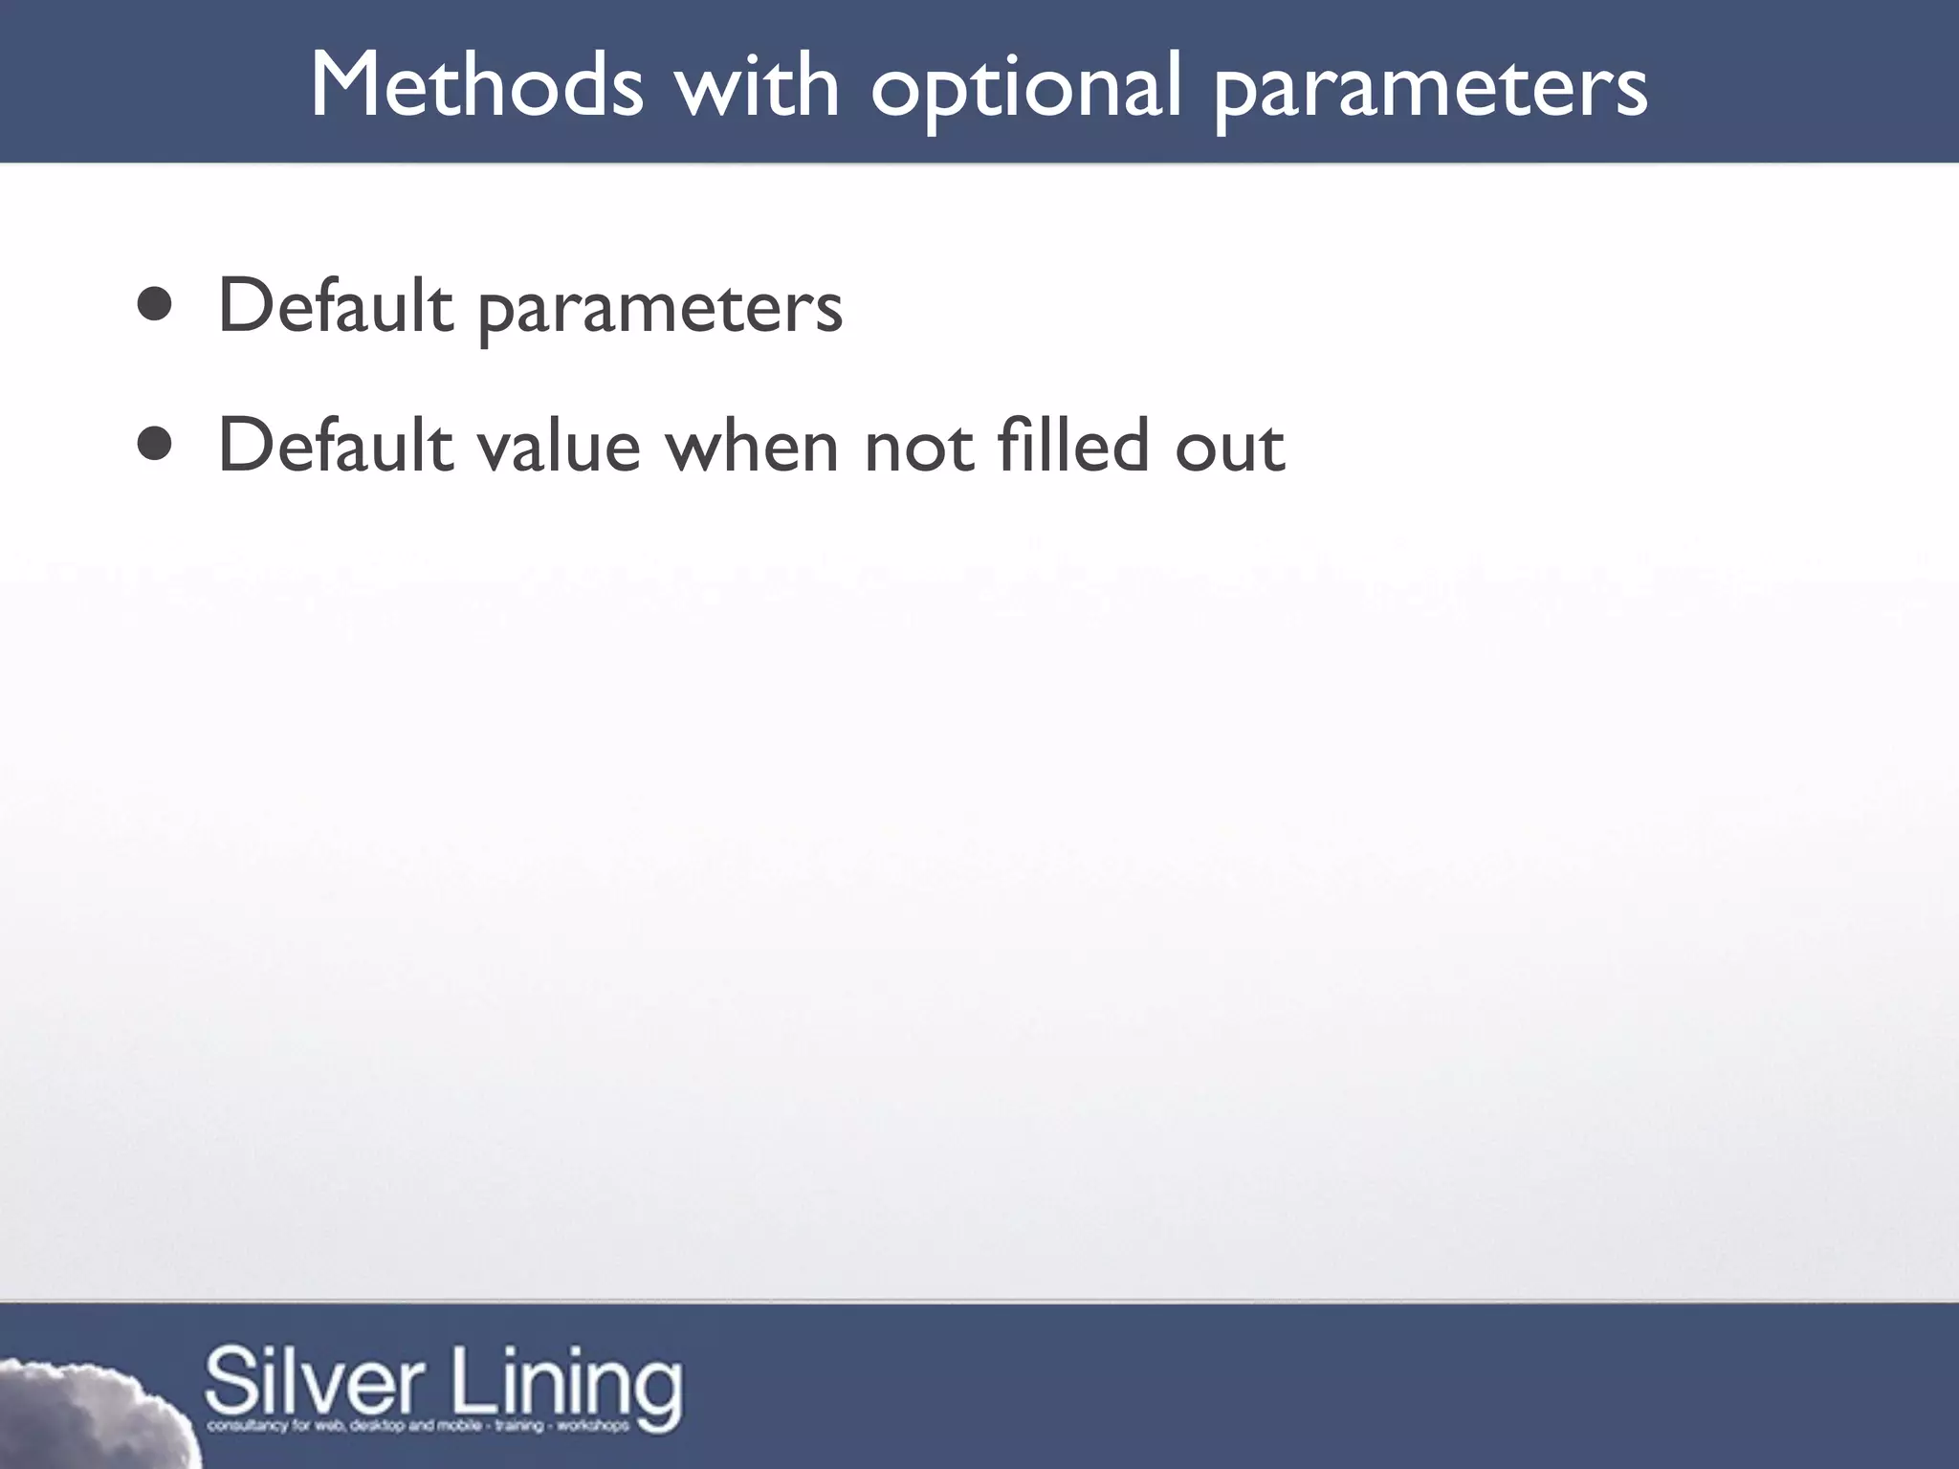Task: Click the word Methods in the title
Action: pos(476,86)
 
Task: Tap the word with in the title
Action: pos(756,86)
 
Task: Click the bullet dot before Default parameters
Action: pos(155,306)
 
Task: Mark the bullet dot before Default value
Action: pos(155,444)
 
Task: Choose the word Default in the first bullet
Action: pos(335,306)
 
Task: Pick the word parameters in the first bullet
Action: pos(660,310)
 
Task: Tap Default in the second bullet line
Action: pos(335,446)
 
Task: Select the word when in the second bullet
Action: pos(752,446)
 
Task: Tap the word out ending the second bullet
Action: pos(1230,448)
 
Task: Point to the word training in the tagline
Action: pos(519,1426)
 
